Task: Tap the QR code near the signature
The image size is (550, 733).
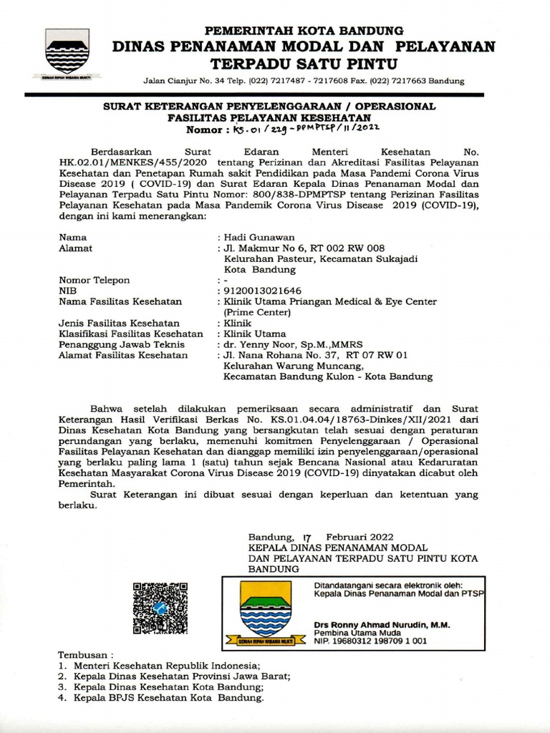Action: pos(160,608)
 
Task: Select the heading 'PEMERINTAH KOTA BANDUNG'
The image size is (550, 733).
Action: pos(304,31)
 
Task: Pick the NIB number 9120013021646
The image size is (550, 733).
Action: pos(263,291)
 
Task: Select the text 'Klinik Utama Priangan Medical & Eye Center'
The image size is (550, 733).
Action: pos(330,301)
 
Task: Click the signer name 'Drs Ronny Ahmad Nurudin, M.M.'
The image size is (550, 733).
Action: pos(382,625)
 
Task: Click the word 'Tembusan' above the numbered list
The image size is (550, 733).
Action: pos(85,654)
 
